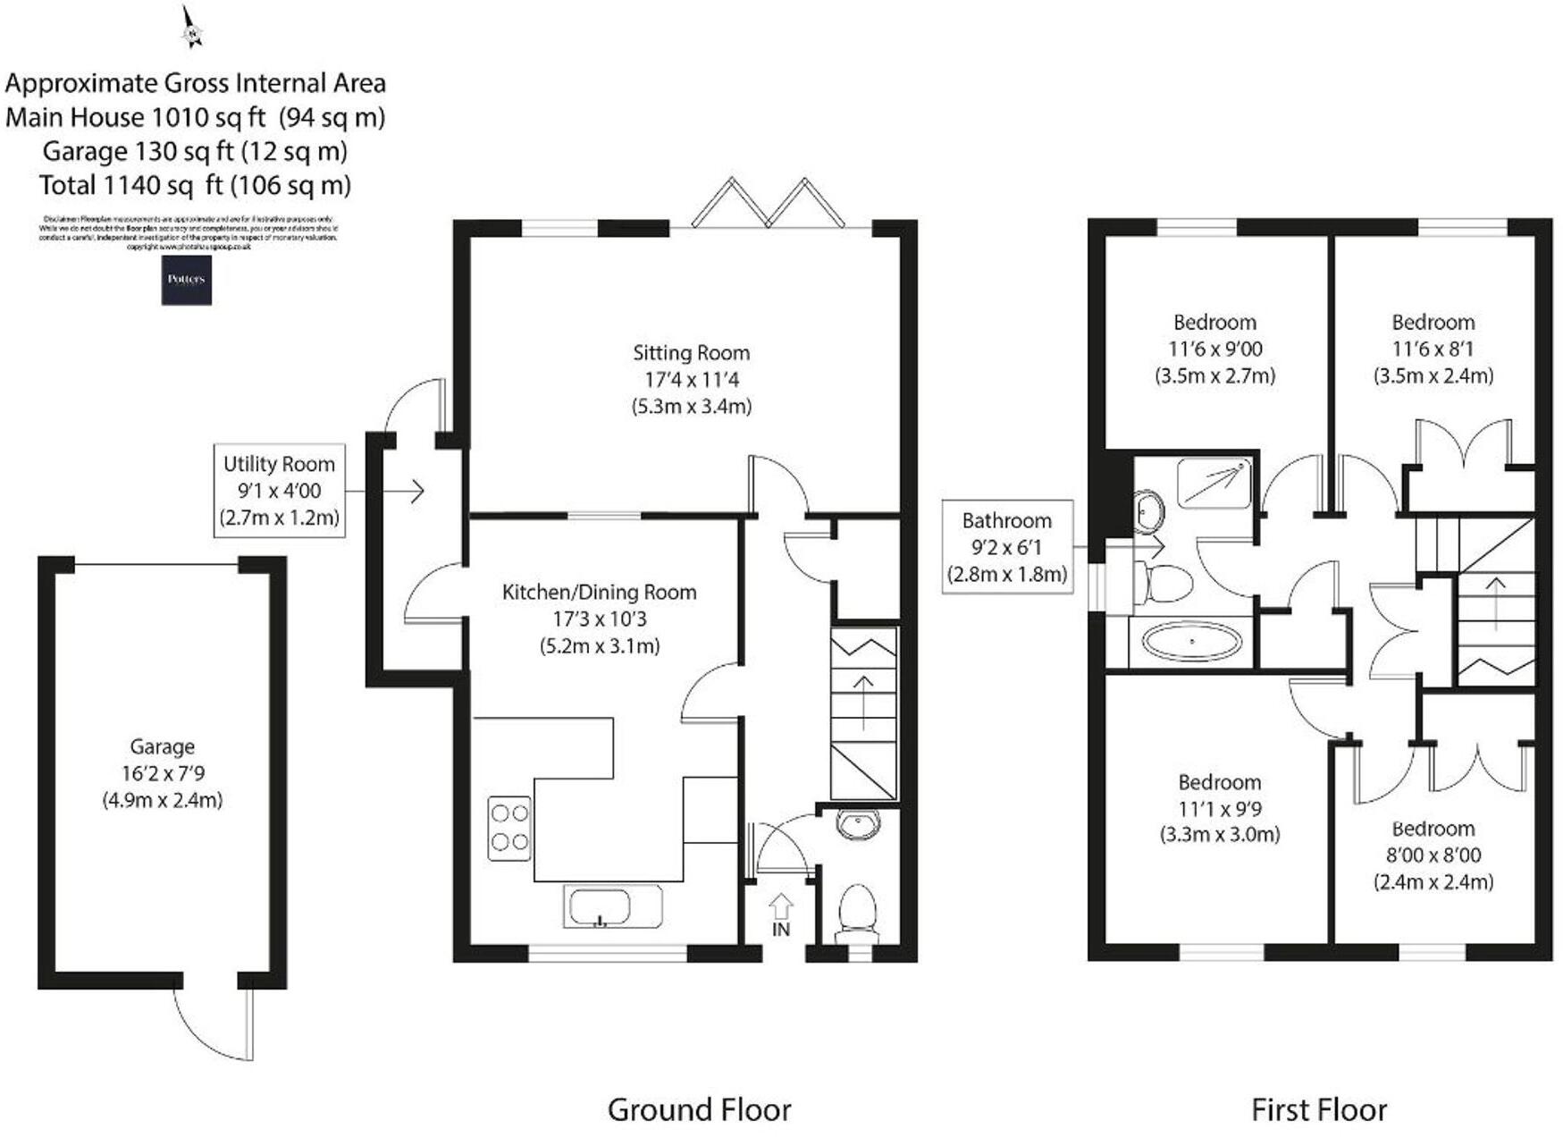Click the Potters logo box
click(x=186, y=280)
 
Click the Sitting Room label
click(x=691, y=353)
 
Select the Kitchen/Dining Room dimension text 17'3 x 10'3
click(x=599, y=619)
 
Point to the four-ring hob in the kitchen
click(x=509, y=828)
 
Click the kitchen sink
click(x=613, y=906)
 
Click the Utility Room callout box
click(x=279, y=490)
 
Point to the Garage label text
click(x=162, y=746)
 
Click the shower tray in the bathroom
click(x=1213, y=483)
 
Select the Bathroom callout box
click(x=1007, y=547)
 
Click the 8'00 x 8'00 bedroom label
click(x=1433, y=855)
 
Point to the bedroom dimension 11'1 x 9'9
click(x=1219, y=809)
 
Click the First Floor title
click(x=1318, y=1109)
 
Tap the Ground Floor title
click(x=699, y=1109)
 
